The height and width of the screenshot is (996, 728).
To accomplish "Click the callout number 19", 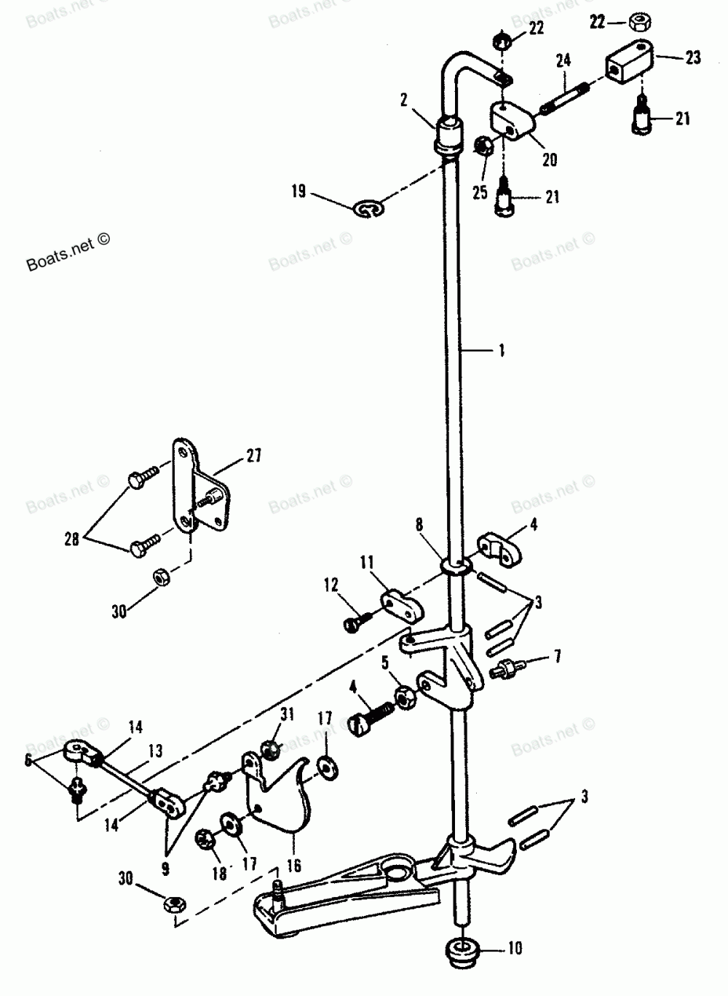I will coord(298,193).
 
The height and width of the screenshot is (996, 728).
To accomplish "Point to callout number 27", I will coord(253,456).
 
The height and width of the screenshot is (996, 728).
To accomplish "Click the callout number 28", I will coord(71,540).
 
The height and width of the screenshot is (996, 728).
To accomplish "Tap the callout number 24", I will coord(563,60).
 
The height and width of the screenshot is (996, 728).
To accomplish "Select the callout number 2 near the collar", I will coord(403,100).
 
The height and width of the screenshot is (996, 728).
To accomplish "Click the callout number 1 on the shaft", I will coord(501,350).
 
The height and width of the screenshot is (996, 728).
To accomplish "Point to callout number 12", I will coord(331,584).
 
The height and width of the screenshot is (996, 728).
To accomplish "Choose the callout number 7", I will coord(557,657).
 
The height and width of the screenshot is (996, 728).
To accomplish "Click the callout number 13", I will coord(155,751).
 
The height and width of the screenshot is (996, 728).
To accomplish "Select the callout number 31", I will coord(287,714).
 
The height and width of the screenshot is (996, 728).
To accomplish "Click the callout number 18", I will coord(218,874).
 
